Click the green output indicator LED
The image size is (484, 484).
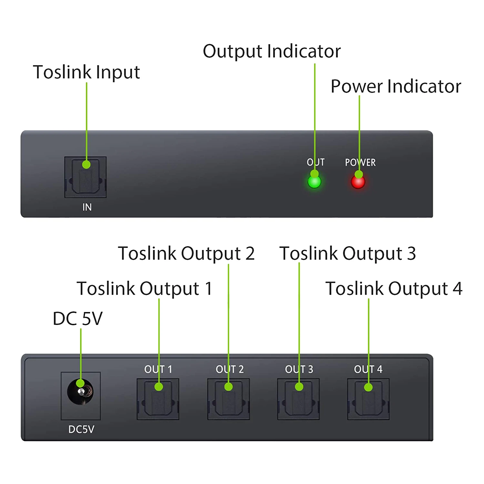314,182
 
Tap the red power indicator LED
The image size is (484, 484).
358,182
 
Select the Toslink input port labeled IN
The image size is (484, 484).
86,177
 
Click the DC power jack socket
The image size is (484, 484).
80,392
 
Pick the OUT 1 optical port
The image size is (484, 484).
158,399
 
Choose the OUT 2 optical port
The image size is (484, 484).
228,399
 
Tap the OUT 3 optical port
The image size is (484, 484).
298,399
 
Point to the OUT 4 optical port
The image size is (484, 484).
368,399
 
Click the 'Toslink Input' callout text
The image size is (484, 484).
86,72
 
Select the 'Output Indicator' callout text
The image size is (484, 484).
272,51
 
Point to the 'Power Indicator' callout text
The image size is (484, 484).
396,86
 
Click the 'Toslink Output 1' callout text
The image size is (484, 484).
145,288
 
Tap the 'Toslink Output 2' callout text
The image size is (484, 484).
186,253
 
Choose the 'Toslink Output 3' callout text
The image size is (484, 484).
348,253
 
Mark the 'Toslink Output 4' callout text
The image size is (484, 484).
394,288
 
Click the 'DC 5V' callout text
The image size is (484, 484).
77,318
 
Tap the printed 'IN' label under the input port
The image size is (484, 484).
87,207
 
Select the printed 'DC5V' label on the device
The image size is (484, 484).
81,429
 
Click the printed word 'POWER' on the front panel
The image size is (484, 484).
360,162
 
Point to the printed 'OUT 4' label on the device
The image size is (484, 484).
368,369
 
